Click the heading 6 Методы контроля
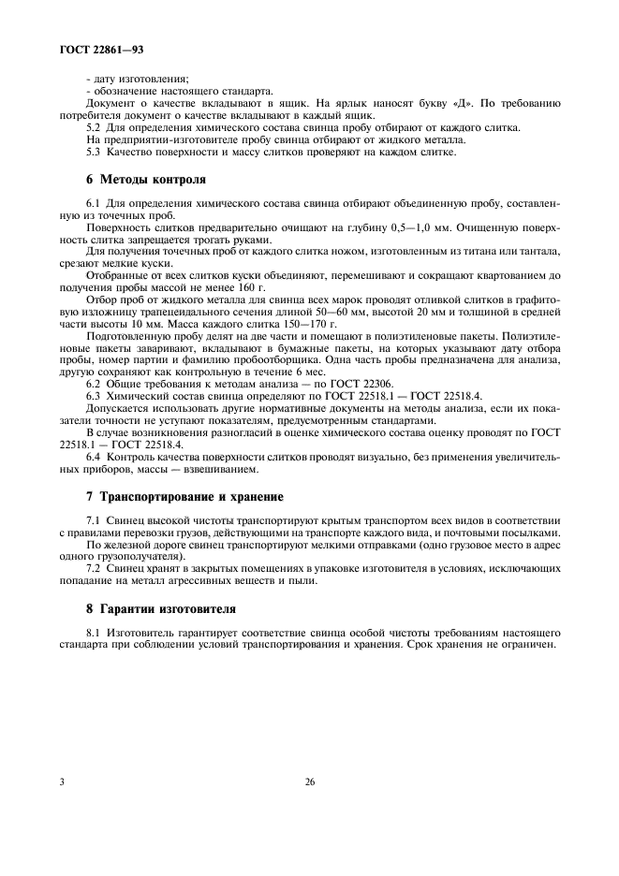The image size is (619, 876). (x=140, y=178)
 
